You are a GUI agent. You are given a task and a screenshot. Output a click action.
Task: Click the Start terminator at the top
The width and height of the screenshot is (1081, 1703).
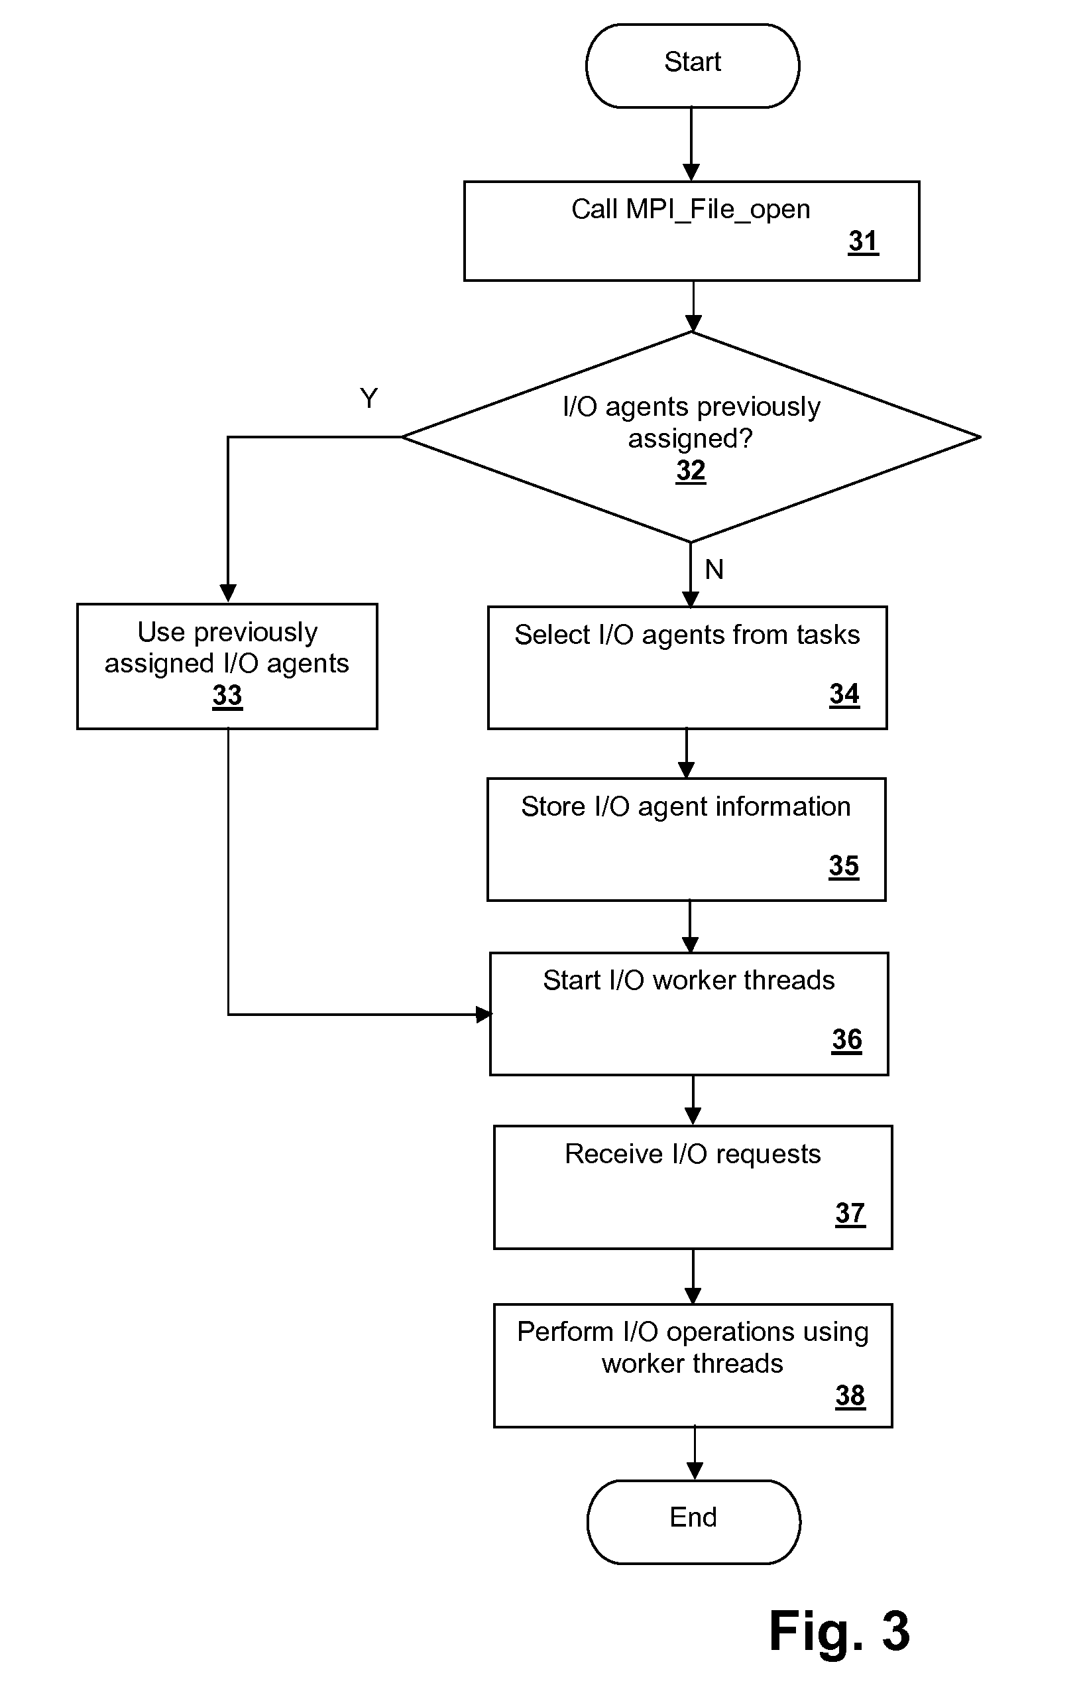[x=692, y=66]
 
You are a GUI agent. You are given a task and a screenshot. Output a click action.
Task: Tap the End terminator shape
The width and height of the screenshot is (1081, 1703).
[x=693, y=1522]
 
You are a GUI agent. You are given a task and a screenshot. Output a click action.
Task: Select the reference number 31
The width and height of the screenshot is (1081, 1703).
[x=863, y=242]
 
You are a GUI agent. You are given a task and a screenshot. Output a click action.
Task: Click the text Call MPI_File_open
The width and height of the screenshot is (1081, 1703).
[x=691, y=210]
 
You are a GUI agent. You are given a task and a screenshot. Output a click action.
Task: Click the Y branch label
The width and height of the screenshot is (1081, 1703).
[x=369, y=398]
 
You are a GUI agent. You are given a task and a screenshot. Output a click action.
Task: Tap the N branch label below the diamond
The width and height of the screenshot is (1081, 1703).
[x=714, y=569]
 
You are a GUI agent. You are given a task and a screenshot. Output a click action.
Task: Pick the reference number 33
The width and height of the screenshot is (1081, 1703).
[x=227, y=696]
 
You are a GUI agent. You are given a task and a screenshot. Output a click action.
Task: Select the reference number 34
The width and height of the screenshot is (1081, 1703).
[x=844, y=694]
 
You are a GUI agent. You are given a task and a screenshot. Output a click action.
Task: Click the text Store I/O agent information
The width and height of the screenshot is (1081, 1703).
[x=686, y=807]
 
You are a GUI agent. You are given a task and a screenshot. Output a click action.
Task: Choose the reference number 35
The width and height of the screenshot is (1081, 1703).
[x=844, y=866]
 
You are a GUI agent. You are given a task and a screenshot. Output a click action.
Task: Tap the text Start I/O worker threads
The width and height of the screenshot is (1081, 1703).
[x=689, y=981]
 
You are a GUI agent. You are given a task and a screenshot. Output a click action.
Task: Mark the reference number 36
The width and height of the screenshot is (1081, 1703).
[x=846, y=1041]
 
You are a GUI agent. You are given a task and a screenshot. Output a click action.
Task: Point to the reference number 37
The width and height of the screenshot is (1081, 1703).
[x=850, y=1214]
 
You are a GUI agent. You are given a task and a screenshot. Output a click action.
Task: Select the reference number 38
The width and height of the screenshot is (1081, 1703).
[x=850, y=1396]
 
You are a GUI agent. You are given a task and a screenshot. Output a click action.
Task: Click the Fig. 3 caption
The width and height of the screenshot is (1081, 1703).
[x=839, y=1631]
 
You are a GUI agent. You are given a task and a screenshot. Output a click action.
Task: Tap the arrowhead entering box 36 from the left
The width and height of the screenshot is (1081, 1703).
[x=484, y=1015]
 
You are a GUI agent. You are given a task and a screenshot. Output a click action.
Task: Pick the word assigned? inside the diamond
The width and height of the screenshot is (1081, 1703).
[x=691, y=439]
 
